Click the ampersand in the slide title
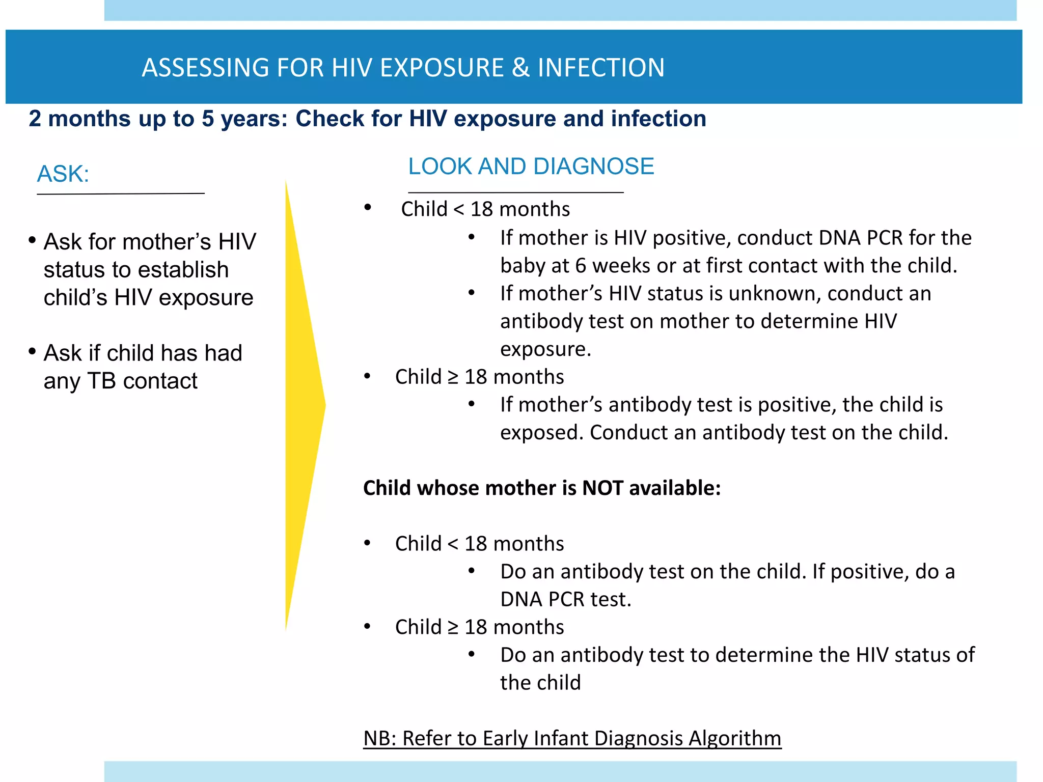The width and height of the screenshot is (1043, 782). pyautogui.click(x=520, y=68)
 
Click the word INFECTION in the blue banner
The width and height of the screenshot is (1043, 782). pyautogui.click(x=601, y=68)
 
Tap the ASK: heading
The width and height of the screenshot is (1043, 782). pyautogui.click(x=63, y=174)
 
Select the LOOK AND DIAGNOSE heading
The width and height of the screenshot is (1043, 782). pyautogui.click(x=531, y=166)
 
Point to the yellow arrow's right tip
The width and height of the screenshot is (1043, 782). pyautogui.click(x=324, y=405)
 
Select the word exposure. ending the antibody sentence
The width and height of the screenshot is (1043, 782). pyautogui.click(x=545, y=349)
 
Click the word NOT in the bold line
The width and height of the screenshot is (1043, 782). pyautogui.click(x=602, y=488)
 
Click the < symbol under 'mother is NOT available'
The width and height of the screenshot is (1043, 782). pyautogui.click(x=453, y=544)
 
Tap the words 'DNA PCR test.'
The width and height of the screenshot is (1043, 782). pyautogui.click(x=565, y=599)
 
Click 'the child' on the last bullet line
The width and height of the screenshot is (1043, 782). pyautogui.click(x=540, y=683)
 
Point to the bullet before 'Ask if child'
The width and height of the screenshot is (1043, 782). pyautogui.click(x=32, y=351)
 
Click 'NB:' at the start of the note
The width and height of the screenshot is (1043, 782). pyautogui.click(x=379, y=738)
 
